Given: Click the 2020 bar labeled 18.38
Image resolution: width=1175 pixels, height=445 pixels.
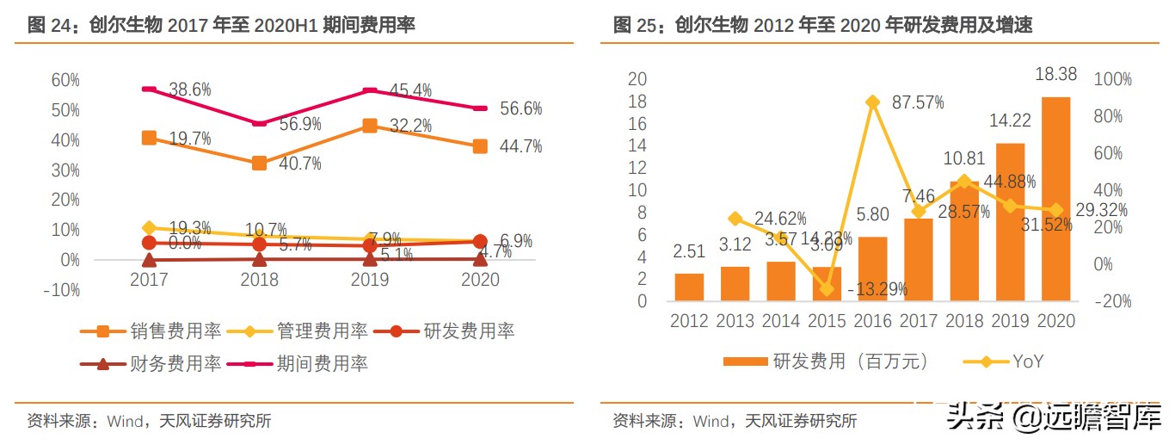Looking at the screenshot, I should [1055, 198].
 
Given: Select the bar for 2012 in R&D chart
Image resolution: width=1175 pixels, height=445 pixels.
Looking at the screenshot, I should [689, 287].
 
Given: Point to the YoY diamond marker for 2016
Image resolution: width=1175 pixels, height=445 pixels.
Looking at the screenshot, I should [873, 102].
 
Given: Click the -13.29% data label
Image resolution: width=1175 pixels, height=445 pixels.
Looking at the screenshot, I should [877, 289].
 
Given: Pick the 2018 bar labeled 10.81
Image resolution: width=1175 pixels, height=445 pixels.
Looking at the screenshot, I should [964, 240].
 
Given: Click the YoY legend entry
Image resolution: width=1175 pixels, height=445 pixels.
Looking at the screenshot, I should [1007, 362].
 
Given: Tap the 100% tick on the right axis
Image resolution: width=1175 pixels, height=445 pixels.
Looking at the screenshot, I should [1111, 79].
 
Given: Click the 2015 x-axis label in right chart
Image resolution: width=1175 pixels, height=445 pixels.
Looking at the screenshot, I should [827, 321].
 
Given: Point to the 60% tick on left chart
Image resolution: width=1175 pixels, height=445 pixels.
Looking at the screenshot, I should [65, 80].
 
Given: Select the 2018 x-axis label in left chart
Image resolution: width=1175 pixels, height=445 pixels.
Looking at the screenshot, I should [259, 280].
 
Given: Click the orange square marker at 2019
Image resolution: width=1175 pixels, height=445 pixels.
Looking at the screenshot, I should [370, 126].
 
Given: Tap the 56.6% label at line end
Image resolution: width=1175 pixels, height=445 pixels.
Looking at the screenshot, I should [520, 108].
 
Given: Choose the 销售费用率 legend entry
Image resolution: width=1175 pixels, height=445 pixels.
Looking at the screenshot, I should [151, 331].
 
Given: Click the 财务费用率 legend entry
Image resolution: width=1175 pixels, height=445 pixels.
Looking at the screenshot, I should [151, 363].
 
